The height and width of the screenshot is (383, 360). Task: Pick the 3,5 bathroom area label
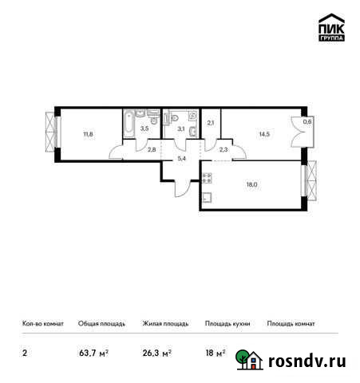[x=144, y=127]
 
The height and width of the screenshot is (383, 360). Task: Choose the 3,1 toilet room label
[x=181, y=128]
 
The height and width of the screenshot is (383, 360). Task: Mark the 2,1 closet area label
[x=211, y=122]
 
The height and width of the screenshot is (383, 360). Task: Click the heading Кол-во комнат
[x=38, y=324]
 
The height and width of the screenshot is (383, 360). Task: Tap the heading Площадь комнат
[x=291, y=324]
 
